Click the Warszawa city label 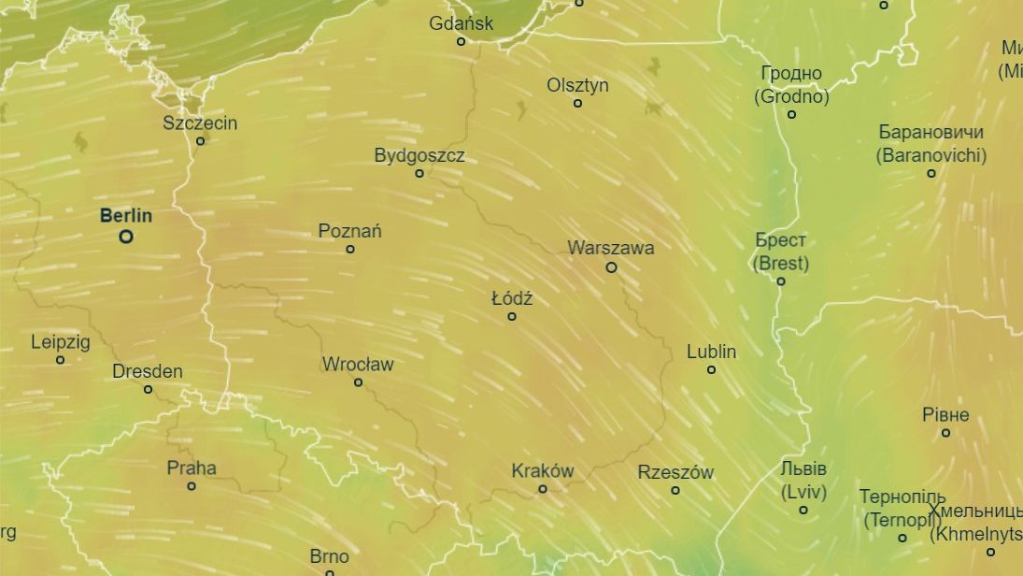pos(610,248)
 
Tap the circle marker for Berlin pos(126,237)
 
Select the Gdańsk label pos(461,22)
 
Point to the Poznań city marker pos(350,249)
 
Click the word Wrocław pos(358,364)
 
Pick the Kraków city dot pos(542,489)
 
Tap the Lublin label pos(711,352)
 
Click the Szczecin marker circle pos(200,141)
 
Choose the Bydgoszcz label pos(419,155)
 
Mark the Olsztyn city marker pos(577,103)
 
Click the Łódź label pos(512,298)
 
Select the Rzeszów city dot pos(675,490)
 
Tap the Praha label pos(192,468)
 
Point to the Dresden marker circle pos(148,389)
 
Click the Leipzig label pos(61,341)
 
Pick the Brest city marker pos(781,281)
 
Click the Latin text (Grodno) pos(791,95)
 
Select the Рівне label pos(945,414)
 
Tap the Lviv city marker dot pos(803,510)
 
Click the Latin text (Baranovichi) pos(931,155)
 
